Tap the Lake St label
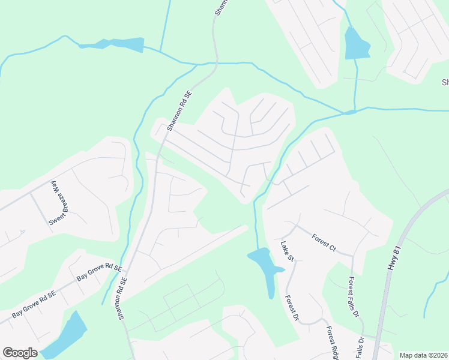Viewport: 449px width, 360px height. (286, 251)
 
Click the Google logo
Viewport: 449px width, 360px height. (20, 353)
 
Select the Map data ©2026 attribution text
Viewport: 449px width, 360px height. (423, 355)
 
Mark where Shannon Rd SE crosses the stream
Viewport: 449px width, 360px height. (214, 62)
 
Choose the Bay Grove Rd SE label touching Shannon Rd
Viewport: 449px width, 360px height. (99, 272)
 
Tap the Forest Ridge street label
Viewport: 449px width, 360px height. (332, 343)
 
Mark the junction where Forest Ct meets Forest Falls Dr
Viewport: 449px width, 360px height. (353, 256)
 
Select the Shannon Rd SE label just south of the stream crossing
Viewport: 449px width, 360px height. (179, 111)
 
